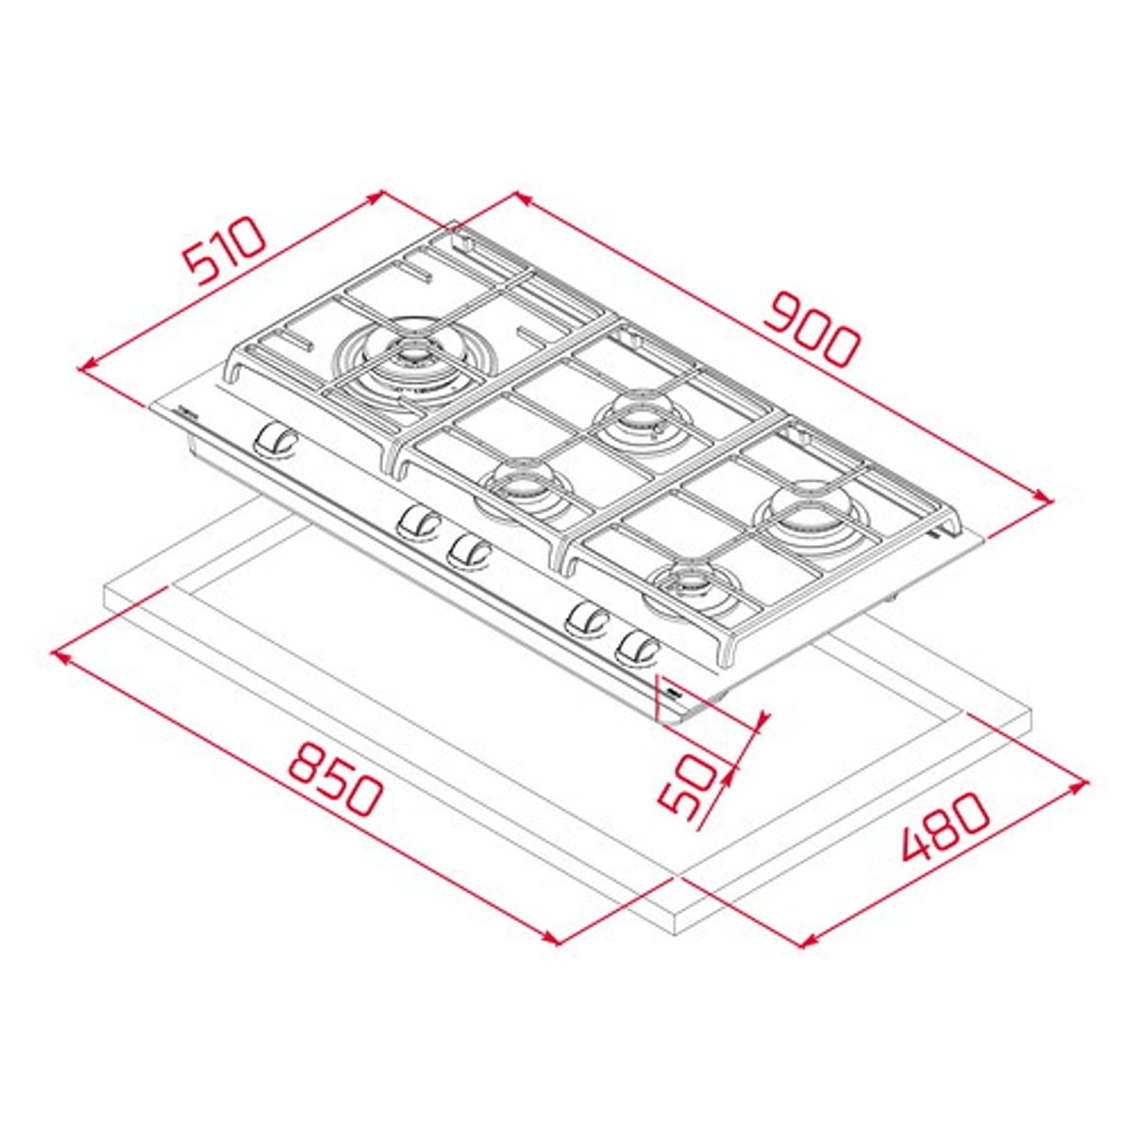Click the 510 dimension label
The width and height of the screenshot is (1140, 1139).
click(x=224, y=251)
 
